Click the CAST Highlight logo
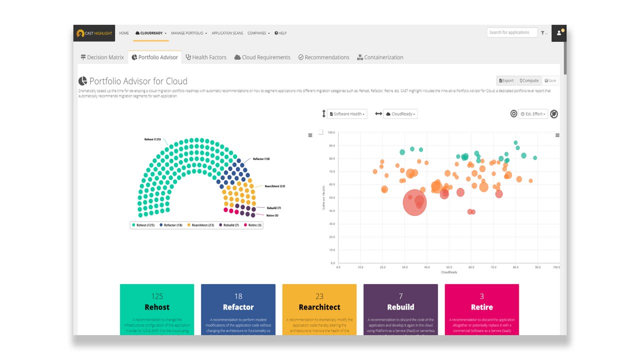(94, 33)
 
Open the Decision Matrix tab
(102, 57)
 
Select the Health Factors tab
(206, 57)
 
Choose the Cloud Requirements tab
(262, 57)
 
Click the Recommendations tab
(323, 57)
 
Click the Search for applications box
(511, 32)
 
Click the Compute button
(529, 80)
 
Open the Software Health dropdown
(347, 114)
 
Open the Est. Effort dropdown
(533, 114)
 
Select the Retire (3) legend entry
(253, 225)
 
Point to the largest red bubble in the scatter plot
(414, 202)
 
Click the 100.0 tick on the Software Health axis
(330, 133)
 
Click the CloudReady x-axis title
(448, 272)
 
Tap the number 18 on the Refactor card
(238, 296)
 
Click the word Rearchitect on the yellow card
(319, 307)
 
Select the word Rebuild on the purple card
(400, 307)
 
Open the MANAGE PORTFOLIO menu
(188, 33)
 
